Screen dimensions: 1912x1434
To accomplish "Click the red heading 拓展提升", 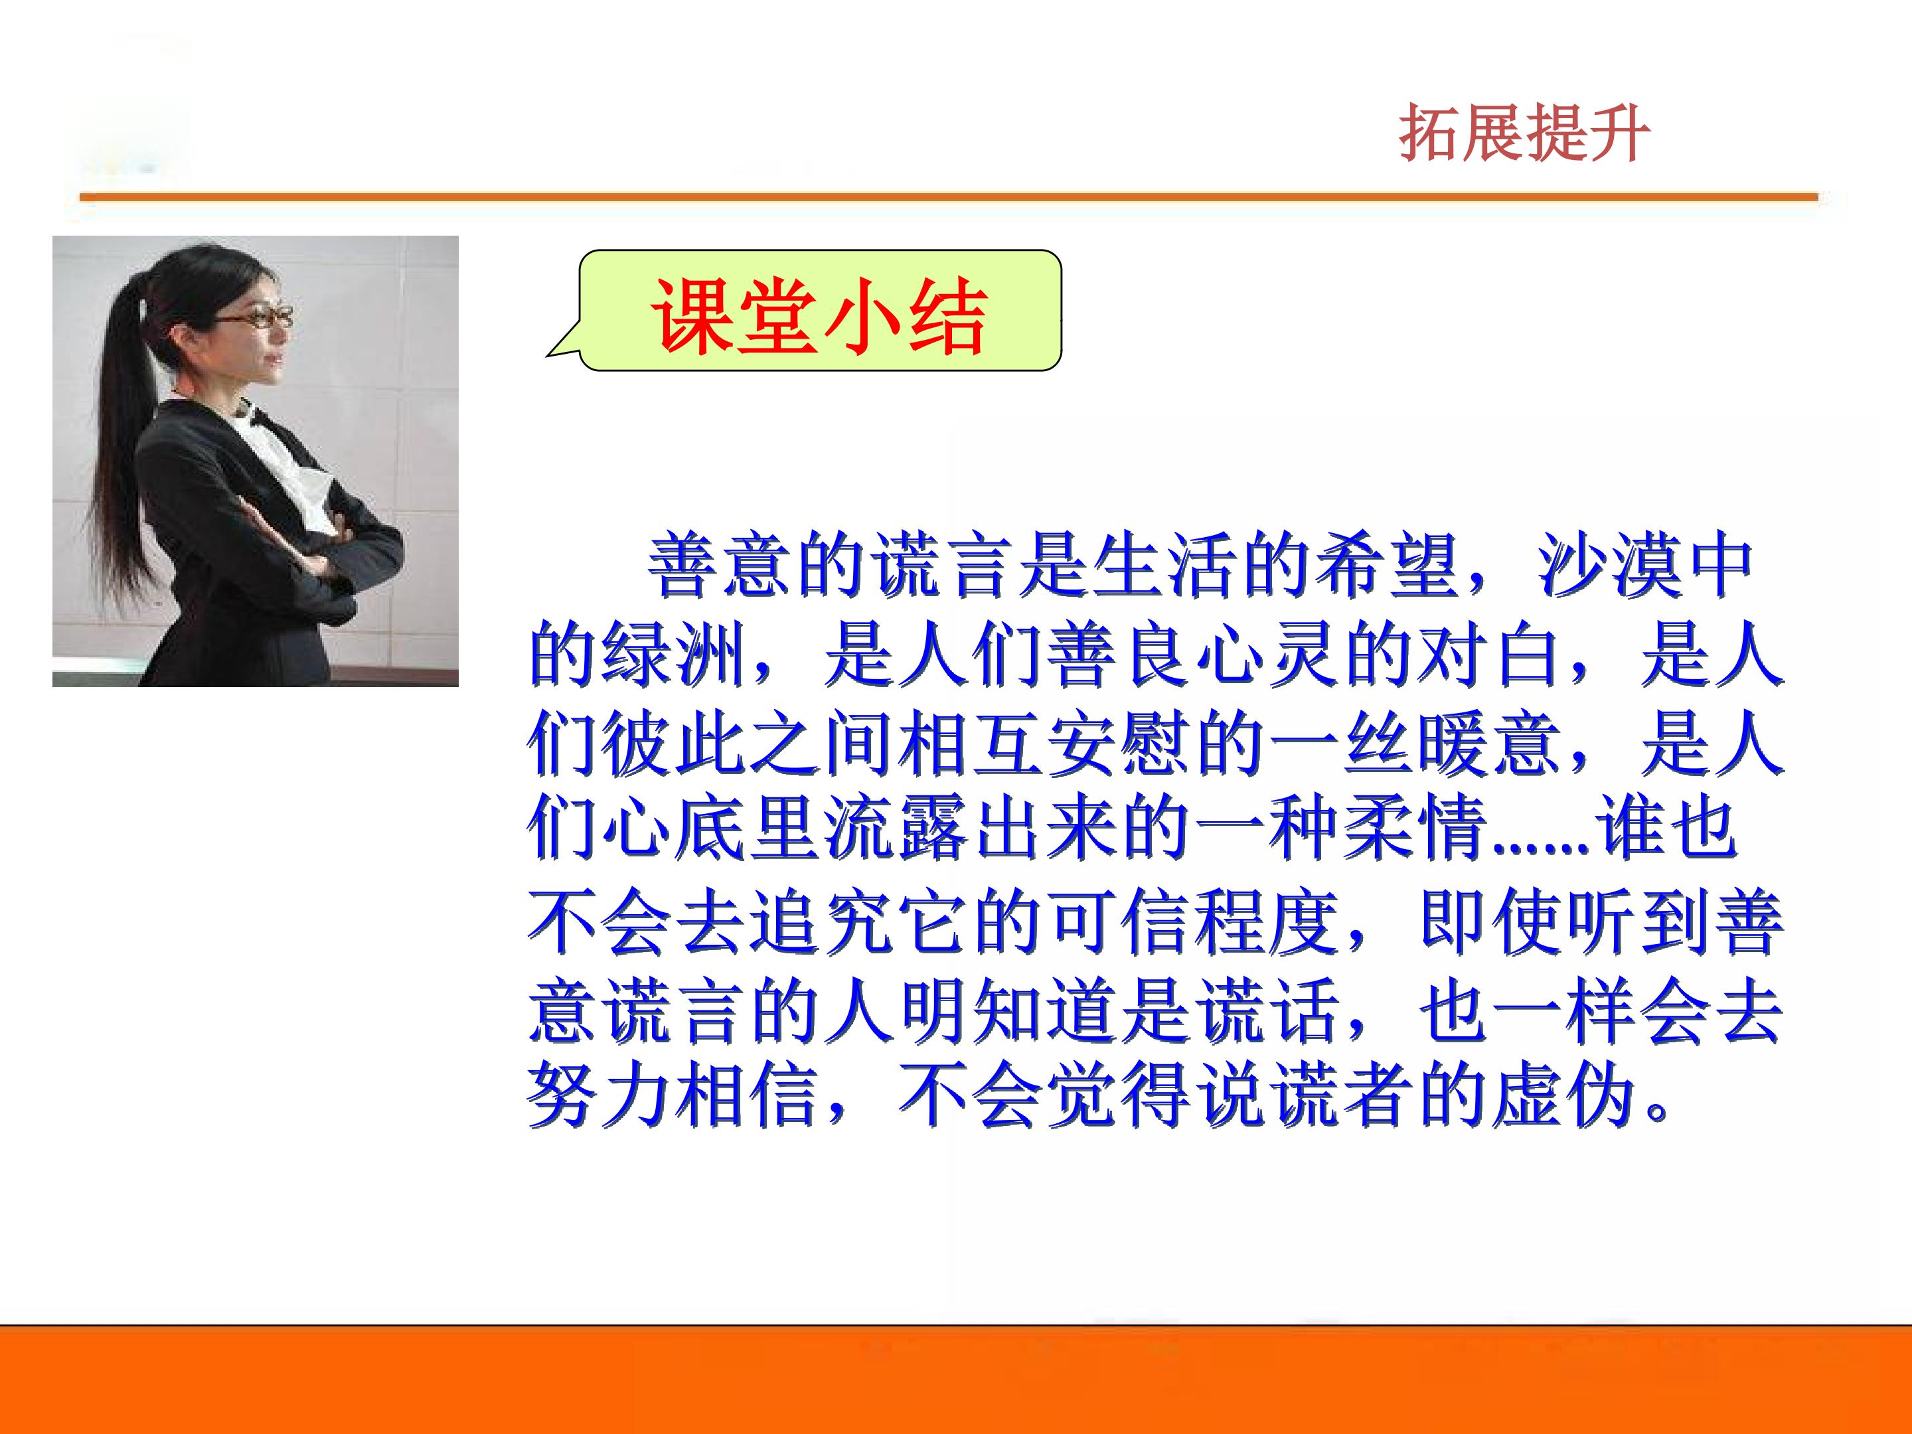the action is pos(1524,134).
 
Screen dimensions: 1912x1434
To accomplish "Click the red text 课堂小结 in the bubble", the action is pos(818,317).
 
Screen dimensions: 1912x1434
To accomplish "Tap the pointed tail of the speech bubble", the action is pos(548,354).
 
